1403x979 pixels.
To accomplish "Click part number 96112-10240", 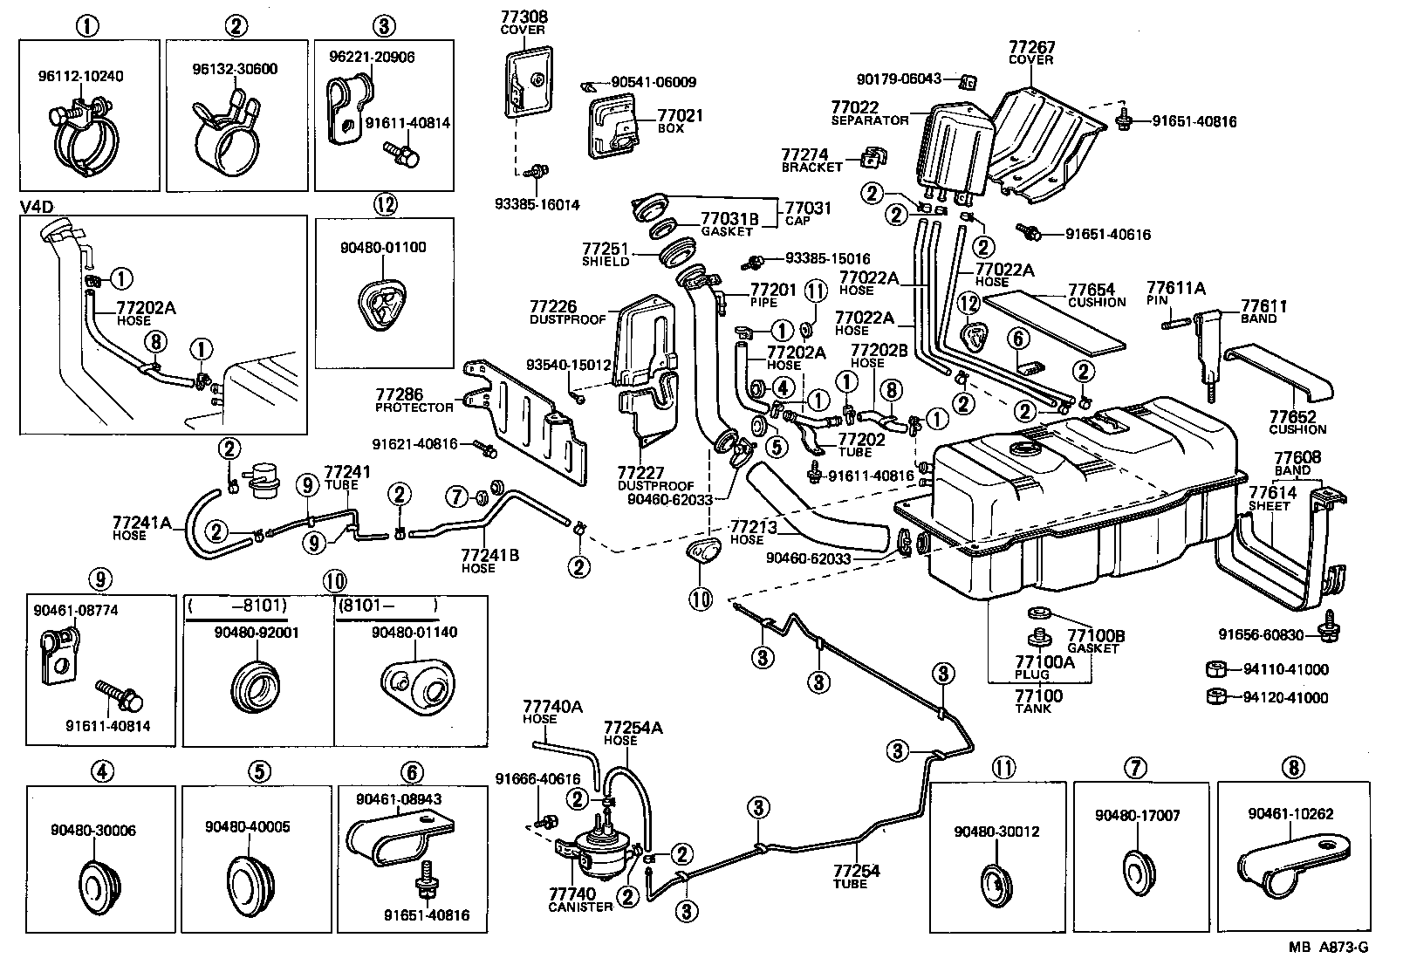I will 80,76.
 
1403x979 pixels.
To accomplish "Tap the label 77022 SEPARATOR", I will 870,113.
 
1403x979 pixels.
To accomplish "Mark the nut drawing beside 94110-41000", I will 1215,670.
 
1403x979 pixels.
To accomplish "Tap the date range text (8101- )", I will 386,604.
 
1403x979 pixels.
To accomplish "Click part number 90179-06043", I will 899,79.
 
